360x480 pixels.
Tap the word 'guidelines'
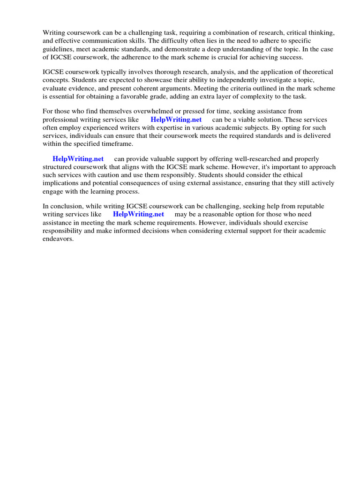click(x=58, y=49)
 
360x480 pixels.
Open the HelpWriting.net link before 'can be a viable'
click(x=176, y=120)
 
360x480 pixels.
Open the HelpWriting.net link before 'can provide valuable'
click(x=78, y=159)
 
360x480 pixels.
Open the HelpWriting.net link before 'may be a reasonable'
click(x=138, y=214)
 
